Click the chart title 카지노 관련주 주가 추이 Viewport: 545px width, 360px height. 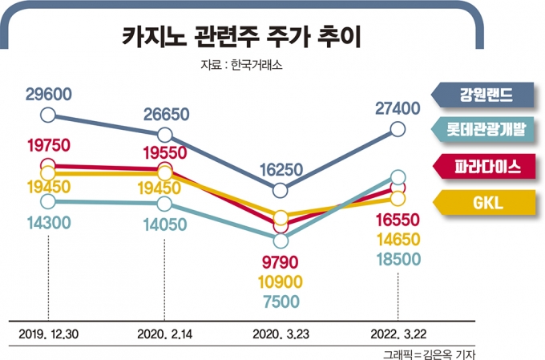240,37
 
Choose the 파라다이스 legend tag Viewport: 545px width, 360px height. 487,167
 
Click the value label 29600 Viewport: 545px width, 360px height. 49,95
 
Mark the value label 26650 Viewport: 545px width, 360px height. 166,115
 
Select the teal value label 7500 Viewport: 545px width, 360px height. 281,301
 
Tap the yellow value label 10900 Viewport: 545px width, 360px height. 281,281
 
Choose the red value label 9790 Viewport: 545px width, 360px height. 281,261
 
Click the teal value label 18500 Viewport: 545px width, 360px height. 398,259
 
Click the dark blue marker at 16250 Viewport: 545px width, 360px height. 281,191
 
